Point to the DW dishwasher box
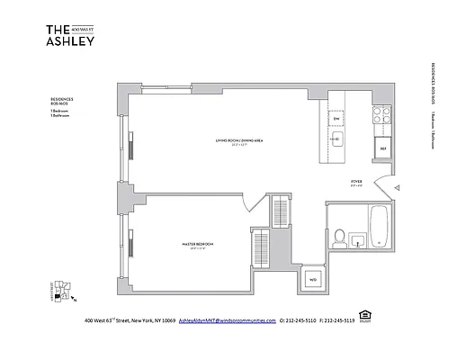point(337,119)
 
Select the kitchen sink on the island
point(338,139)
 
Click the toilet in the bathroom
point(339,237)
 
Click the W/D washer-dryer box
point(313,278)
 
